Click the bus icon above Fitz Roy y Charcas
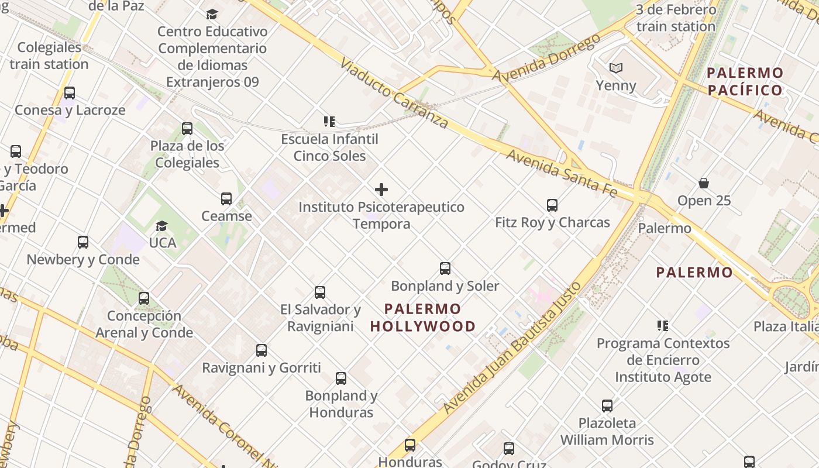click(x=552, y=205)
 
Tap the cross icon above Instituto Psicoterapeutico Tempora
click(x=381, y=190)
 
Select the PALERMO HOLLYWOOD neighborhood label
click(x=423, y=318)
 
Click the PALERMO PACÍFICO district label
click(x=745, y=81)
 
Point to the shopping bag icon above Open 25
click(x=704, y=184)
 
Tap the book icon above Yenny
click(x=615, y=68)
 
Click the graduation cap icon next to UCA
click(x=161, y=226)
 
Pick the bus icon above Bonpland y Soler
click(x=445, y=269)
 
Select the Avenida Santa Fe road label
click(x=562, y=173)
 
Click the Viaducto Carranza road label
click(x=393, y=93)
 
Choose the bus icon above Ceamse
click(x=226, y=199)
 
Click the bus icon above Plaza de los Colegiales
click(x=187, y=129)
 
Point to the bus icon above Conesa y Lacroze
click(x=70, y=93)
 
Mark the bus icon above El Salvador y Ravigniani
click(x=320, y=292)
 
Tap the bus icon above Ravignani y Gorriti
click(x=261, y=350)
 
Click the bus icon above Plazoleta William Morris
click(x=607, y=406)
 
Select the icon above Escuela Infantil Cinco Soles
click(x=329, y=122)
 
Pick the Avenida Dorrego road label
click(x=546, y=57)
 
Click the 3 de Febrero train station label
click(x=676, y=18)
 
